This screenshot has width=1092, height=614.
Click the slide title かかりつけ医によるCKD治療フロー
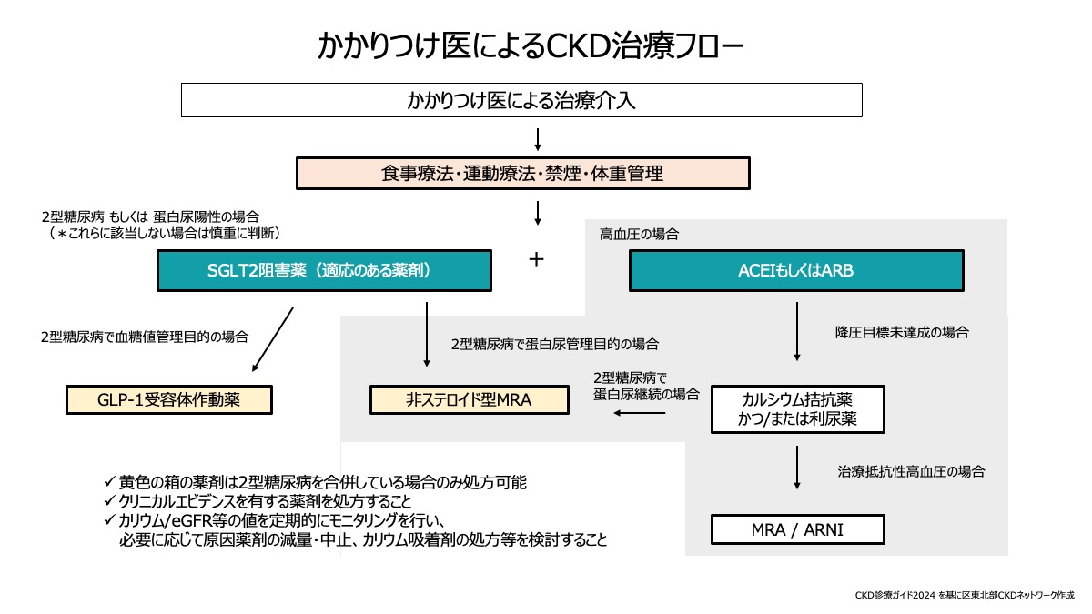pyautogui.click(x=532, y=45)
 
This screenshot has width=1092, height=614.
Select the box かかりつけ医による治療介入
pyautogui.click(x=521, y=99)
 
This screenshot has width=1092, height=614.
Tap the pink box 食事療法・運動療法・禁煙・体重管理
pyautogui.click(x=522, y=173)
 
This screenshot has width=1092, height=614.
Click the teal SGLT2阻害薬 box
pyautogui.click(x=324, y=270)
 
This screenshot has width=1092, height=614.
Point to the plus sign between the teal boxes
pyautogui.click(x=537, y=260)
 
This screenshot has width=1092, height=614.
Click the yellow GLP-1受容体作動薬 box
pyautogui.click(x=169, y=399)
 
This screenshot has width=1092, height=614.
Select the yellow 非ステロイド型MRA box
pyautogui.click(x=469, y=399)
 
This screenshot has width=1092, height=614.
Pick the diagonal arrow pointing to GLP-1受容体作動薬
pyautogui.click(x=272, y=340)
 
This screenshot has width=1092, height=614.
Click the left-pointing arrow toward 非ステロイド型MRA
pyautogui.click(x=640, y=413)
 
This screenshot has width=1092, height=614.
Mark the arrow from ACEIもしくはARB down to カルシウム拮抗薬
pyautogui.click(x=797, y=332)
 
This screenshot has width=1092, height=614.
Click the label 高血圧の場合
pyautogui.click(x=639, y=235)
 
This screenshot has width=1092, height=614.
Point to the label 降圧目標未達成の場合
pyautogui.click(x=902, y=333)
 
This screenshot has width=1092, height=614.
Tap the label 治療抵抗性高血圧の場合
pyautogui.click(x=911, y=472)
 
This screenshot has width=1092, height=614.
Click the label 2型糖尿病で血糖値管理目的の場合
pyautogui.click(x=145, y=337)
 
